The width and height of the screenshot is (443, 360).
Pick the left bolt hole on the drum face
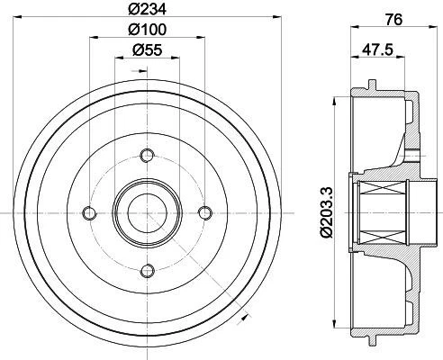click(88, 211)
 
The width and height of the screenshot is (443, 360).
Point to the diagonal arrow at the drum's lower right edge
click(245, 315)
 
